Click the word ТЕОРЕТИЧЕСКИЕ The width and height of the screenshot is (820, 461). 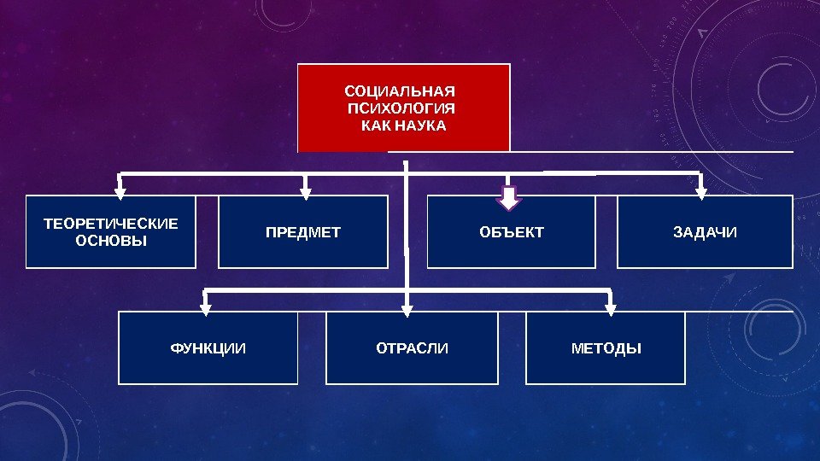coord(111,224)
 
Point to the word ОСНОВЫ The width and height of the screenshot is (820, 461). coord(111,241)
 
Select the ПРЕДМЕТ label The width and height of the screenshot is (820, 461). coord(303,232)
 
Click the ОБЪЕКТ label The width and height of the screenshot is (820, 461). coord(512,232)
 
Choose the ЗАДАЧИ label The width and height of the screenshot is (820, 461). coord(705,232)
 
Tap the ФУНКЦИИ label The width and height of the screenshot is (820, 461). coord(208,348)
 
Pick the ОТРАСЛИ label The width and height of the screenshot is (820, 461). coord(412,348)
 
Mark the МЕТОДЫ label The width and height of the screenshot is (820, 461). coord(606,348)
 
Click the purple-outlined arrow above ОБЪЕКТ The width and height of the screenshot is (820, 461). coord(510,198)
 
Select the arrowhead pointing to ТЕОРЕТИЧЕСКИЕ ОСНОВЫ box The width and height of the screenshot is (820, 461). coord(120,191)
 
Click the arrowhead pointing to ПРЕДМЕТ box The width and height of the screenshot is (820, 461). coord(306,191)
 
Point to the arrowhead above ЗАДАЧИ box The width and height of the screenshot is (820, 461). coord(701,191)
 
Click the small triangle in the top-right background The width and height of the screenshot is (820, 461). coord(703,33)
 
